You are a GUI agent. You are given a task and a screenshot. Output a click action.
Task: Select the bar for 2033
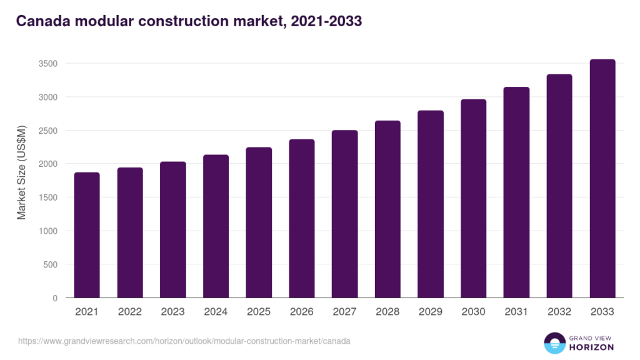(x=602, y=179)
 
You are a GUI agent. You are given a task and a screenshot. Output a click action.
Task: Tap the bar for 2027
(x=345, y=214)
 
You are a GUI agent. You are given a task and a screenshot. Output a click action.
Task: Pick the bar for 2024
(x=216, y=226)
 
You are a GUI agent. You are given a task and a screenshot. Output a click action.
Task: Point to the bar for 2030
(x=474, y=199)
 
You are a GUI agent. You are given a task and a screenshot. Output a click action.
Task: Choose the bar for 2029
(x=431, y=204)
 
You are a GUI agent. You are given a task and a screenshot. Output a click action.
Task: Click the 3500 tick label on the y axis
(x=47, y=64)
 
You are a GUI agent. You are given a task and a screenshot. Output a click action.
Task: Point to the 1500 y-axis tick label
(x=47, y=197)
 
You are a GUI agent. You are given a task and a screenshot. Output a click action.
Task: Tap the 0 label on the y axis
(x=55, y=298)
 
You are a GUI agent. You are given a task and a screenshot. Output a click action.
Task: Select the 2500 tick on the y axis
(x=47, y=131)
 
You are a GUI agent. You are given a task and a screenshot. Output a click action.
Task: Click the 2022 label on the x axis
(x=130, y=311)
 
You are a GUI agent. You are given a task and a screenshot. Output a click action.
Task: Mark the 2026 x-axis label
(x=302, y=311)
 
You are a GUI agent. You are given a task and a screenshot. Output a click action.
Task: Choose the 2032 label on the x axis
(x=559, y=311)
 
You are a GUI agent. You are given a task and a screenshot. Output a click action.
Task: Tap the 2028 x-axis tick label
(x=387, y=311)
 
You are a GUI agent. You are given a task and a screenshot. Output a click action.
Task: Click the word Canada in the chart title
(x=44, y=21)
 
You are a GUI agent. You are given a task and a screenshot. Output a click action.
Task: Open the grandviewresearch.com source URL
(x=184, y=341)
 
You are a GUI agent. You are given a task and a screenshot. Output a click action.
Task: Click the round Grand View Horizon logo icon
(x=553, y=342)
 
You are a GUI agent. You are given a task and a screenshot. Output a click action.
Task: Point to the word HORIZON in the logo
(x=591, y=347)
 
